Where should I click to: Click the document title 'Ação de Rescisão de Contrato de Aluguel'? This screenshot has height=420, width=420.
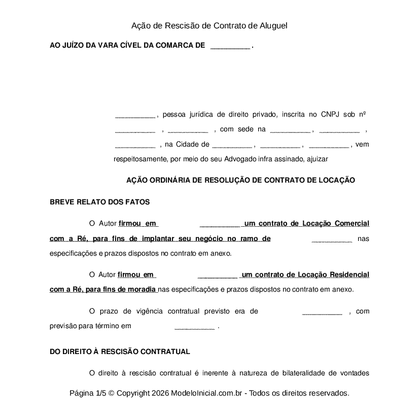tap(209, 25)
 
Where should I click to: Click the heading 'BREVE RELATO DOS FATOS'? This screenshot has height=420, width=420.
tap(99, 201)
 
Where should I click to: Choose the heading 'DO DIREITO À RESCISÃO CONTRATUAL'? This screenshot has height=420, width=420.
tap(120, 351)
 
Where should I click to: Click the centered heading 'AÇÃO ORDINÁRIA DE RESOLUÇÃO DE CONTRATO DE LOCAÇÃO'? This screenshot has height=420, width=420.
tap(240, 180)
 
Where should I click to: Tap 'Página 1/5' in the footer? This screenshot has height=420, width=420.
tap(88, 393)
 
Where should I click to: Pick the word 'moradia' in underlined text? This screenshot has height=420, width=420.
tap(143, 290)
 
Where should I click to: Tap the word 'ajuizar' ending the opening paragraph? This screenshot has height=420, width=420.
tap(318, 159)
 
